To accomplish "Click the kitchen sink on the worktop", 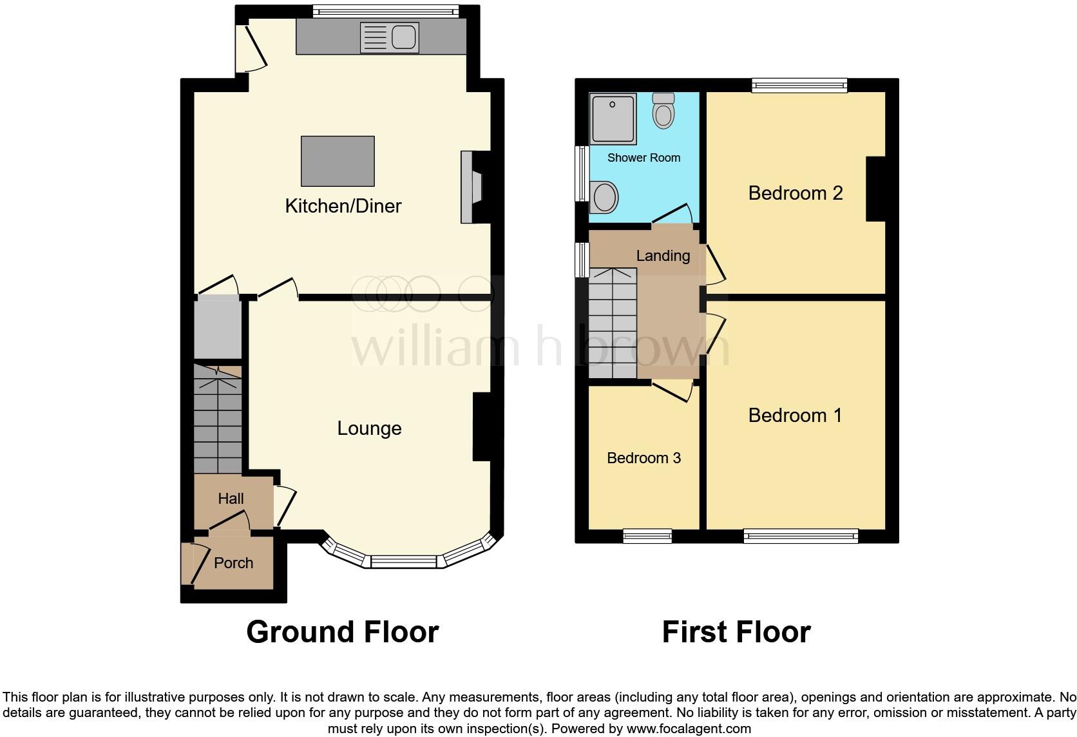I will pyautogui.click(x=389, y=37).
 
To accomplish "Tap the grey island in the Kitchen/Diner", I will pyautogui.click(x=338, y=161).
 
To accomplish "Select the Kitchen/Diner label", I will pyautogui.click(x=343, y=206).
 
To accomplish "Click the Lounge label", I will pyautogui.click(x=369, y=428).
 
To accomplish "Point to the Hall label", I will pyautogui.click(x=231, y=499).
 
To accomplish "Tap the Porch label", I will pyautogui.click(x=233, y=563).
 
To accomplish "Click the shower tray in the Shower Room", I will pyautogui.click(x=613, y=118).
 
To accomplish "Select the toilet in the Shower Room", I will pyautogui.click(x=663, y=111).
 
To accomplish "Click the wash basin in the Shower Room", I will pyautogui.click(x=604, y=196).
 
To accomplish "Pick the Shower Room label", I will pyautogui.click(x=643, y=158).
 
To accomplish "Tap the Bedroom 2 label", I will pyautogui.click(x=796, y=193).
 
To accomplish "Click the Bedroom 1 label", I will pyautogui.click(x=795, y=416).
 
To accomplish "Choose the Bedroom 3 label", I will pyautogui.click(x=643, y=458).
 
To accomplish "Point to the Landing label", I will pyautogui.click(x=663, y=256).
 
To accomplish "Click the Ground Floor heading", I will pyautogui.click(x=343, y=632).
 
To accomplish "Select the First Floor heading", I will pyautogui.click(x=736, y=632).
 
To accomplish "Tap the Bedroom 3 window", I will pyautogui.click(x=647, y=535).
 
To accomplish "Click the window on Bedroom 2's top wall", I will pyautogui.click(x=799, y=85).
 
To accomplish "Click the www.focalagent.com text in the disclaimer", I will pyautogui.click(x=689, y=729).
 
